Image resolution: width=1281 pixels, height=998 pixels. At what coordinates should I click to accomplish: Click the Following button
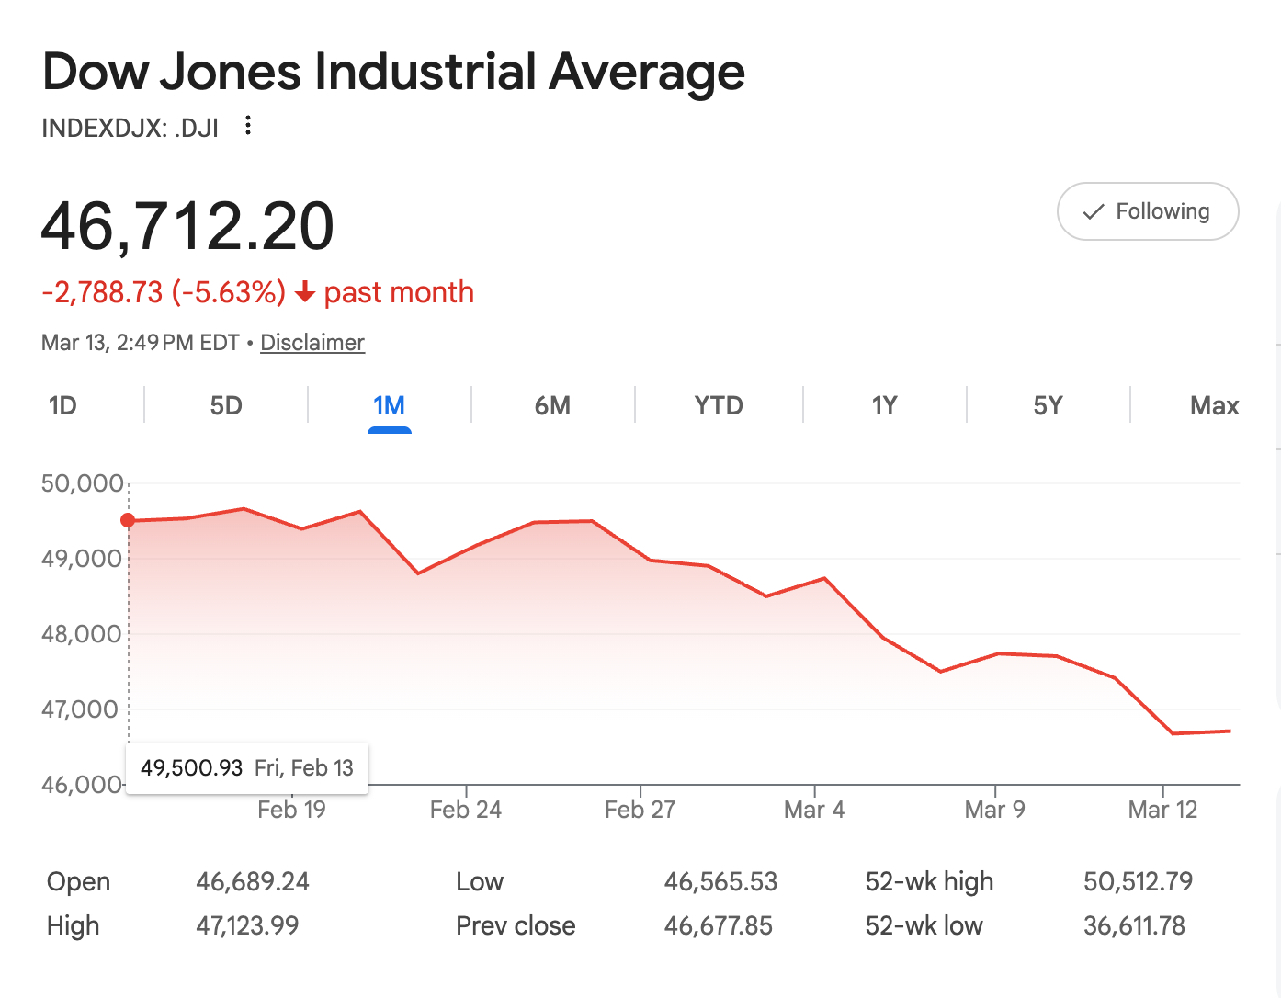[x=1148, y=211]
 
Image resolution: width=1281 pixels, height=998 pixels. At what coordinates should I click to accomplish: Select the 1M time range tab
[x=389, y=405]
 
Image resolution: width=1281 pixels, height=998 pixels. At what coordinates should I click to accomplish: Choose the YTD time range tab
[x=718, y=405]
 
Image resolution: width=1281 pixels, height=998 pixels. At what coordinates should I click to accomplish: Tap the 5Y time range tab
[x=1048, y=405]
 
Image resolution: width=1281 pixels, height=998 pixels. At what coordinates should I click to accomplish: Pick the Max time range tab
[x=1214, y=405]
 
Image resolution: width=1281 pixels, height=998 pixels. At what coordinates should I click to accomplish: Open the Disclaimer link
[x=312, y=343]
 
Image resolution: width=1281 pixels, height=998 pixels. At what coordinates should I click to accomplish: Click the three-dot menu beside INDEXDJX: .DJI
[x=248, y=126]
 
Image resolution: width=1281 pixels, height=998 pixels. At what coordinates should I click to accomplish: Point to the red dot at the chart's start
[x=128, y=520]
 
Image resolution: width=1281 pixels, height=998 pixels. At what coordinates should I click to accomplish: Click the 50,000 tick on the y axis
[x=82, y=483]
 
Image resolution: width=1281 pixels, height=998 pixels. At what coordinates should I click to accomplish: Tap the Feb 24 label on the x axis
[x=466, y=810]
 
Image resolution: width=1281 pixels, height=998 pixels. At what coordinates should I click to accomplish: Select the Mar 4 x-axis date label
[x=814, y=810]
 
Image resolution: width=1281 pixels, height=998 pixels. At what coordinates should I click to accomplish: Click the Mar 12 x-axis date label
[x=1162, y=810]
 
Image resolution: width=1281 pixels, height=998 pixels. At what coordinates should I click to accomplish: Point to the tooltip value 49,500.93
[x=191, y=768]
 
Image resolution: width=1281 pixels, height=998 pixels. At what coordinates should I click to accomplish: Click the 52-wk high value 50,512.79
[x=1138, y=882]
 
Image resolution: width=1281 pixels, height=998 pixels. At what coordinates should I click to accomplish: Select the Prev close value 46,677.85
[x=719, y=926]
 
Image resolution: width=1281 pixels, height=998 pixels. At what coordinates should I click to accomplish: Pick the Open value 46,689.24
[x=253, y=882]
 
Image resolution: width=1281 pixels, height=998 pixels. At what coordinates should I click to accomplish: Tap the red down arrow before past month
[x=305, y=293]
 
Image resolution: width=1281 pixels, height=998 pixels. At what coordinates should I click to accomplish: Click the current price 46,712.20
[x=187, y=226]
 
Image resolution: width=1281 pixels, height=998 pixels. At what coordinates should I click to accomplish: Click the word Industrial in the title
[x=425, y=72]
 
